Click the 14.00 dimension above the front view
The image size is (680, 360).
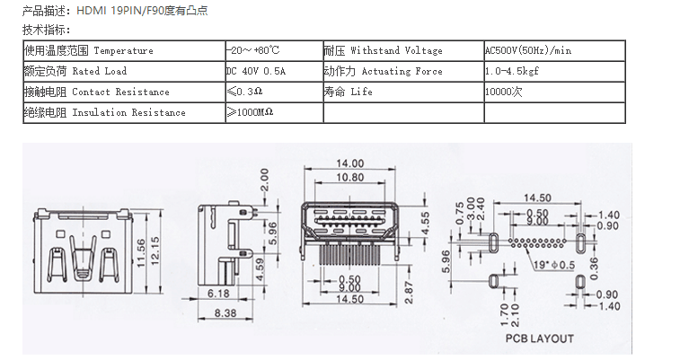pyautogui.click(x=350, y=163)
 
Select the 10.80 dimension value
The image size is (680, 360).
pyautogui.click(x=350, y=177)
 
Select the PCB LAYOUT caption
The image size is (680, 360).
pyautogui.click(x=538, y=338)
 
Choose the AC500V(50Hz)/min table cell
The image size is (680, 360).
pyautogui.click(x=534, y=50)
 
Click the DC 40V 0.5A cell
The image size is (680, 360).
pyautogui.click(x=256, y=71)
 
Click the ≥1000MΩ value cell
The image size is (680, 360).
pyautogui.click(x=250, y=112)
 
